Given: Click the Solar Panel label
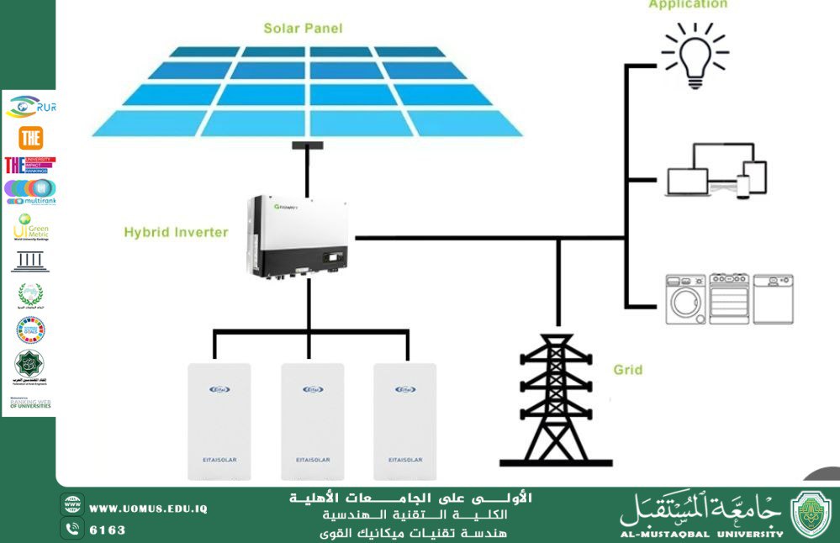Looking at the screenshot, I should click(303, 29).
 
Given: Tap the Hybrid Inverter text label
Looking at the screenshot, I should click(176, 232).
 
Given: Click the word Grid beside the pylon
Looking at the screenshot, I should click(628, 370).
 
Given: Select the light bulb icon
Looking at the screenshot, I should click(695, 55).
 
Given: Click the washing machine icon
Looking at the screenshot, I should click(685, 298).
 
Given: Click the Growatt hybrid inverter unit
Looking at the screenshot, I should click(298, 236).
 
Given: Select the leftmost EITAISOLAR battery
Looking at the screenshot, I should click(219, 421).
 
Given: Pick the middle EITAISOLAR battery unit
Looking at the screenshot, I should click(313, 421).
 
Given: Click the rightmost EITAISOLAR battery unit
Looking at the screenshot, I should click(405, 421).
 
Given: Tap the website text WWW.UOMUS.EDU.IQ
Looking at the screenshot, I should click(148, 509).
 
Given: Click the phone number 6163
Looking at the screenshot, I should click(108, 530).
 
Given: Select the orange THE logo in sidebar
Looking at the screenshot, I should click(31, 137).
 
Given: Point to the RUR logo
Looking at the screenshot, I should click(31, 107).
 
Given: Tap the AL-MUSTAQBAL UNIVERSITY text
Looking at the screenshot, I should click(701, 533).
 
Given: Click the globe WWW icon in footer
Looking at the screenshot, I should click(72, 508).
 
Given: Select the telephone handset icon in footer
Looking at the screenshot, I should click(72, 530).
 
